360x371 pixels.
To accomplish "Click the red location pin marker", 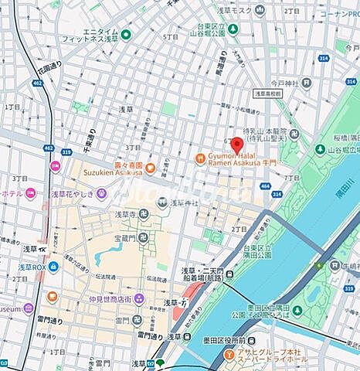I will [238, 145].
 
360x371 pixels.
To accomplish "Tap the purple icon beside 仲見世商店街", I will [52, 298].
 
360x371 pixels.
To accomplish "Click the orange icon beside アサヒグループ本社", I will [229, 354].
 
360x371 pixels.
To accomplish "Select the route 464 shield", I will [265, 185].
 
